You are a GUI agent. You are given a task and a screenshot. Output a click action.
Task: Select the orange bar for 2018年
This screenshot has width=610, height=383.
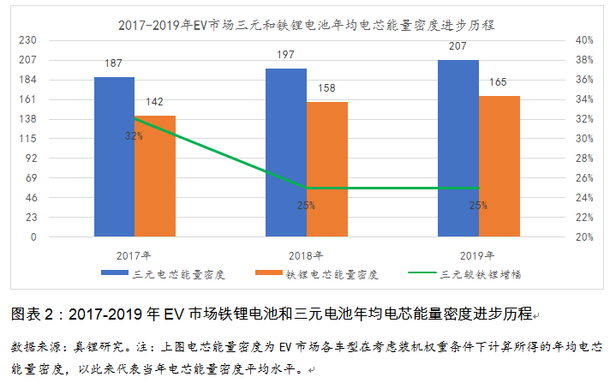326,170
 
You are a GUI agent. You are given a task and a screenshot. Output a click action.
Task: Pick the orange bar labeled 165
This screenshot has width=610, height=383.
499,166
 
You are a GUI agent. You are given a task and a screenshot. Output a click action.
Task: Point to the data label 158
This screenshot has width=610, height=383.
326,88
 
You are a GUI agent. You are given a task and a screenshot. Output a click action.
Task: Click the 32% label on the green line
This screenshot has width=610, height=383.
134,136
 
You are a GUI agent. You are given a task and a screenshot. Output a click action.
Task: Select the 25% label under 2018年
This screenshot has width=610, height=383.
306,205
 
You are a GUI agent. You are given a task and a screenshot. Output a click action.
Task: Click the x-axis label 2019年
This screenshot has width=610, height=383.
477,254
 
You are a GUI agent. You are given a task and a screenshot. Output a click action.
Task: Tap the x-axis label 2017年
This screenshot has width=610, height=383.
134,254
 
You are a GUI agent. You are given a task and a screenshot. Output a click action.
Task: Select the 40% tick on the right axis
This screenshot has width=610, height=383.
585,40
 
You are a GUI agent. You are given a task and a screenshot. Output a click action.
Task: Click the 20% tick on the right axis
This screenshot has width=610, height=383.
585,237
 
